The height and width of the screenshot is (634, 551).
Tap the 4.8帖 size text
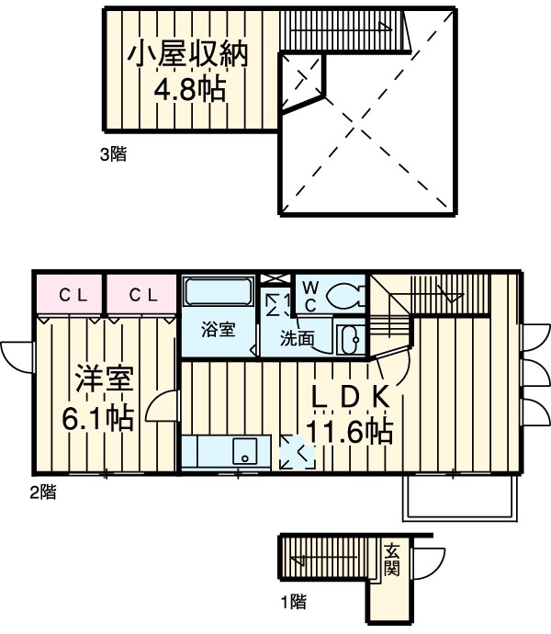(189, 91)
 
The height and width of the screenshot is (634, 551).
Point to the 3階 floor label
(112, 154)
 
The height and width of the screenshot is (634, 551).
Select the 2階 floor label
(41, 492)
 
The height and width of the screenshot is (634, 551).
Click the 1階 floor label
(292, 603)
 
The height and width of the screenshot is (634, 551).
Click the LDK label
(354, 398)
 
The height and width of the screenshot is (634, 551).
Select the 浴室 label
(218, 328)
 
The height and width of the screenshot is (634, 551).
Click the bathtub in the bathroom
(219, 295)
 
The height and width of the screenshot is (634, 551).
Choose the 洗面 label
(297, 338)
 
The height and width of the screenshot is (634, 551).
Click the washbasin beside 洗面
(348, 338)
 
